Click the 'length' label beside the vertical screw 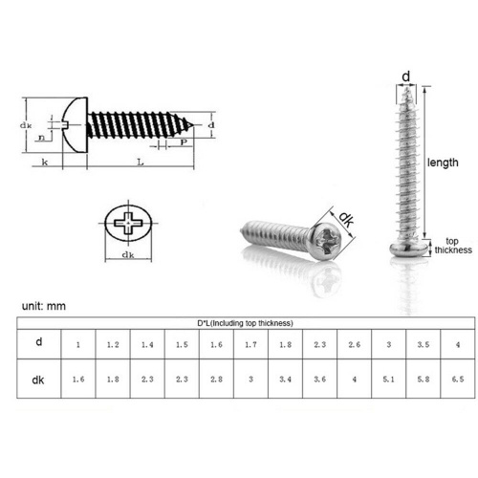pos(443,163)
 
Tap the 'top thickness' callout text pos(453,246)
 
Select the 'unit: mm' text pos(44,306)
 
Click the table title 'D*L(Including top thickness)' pos(245,323)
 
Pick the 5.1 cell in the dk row pos(388,380)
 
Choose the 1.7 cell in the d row pos(250,344)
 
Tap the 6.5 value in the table pos(458,380)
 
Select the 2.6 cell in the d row pos(354,344)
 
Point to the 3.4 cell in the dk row pos(285,380)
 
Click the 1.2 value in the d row pos(113,344)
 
